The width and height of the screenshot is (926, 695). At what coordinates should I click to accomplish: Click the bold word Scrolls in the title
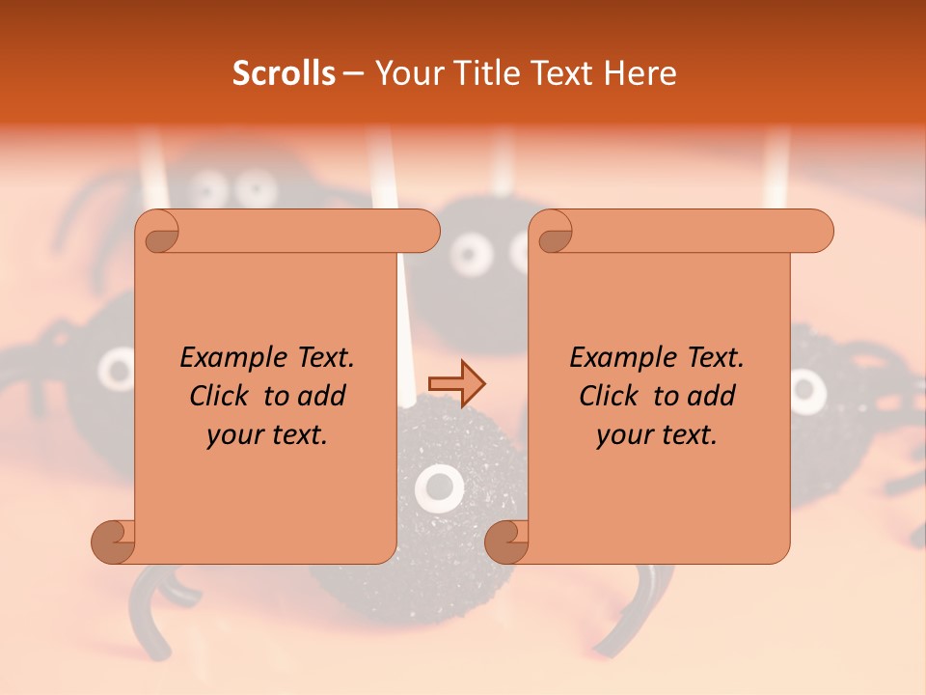[284, 73]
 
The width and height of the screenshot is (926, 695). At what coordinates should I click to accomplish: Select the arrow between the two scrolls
[456, 383]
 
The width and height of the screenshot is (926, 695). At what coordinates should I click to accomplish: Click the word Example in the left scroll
[231, 358]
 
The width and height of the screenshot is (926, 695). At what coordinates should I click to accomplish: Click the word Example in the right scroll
[621, 358]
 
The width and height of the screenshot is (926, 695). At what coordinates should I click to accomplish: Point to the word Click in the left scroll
[223, 396]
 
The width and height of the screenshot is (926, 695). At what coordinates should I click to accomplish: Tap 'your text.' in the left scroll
[267, 435]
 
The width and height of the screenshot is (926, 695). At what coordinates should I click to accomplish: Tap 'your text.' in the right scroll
[657, 435]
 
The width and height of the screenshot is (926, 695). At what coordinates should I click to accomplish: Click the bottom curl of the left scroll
[113, 542]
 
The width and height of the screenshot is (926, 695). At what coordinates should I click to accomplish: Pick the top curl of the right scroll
[553, 232]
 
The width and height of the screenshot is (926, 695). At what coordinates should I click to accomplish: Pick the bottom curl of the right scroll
[506, 542]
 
